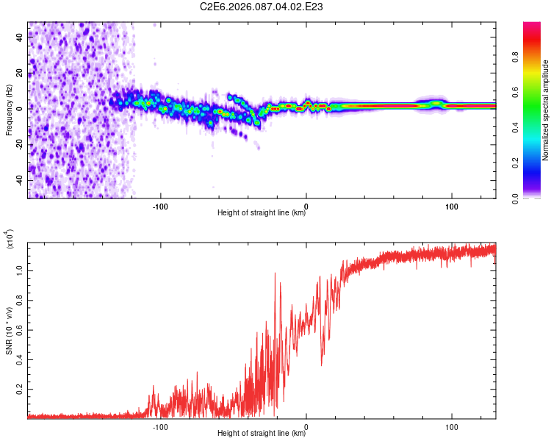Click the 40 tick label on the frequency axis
21,40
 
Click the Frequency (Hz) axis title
9,110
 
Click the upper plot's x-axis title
262,213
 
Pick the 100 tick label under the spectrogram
452,204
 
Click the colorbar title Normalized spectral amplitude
546,110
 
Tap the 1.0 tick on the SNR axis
21,270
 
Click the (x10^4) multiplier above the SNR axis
10,240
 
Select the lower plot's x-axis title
262,434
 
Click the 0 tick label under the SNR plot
306,425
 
